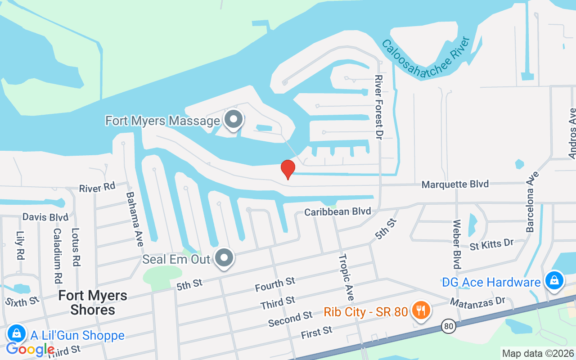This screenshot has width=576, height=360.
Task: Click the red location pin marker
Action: point(288,169)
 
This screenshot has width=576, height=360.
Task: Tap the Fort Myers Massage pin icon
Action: point(234,120)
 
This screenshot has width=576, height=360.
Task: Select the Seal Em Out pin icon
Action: point(224,258)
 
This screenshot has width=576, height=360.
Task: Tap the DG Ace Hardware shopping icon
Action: point(554,281)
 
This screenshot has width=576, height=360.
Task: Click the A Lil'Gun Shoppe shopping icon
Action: point(16,334)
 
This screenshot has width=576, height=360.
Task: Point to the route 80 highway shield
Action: point(448,327)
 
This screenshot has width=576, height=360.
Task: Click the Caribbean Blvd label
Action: point(337,211)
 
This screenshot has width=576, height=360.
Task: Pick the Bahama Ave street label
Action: point(135,219)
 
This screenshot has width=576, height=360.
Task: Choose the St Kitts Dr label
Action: point(491,244)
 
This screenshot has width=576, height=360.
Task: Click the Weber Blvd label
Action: point(457,244)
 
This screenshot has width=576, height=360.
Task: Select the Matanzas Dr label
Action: point(478,301)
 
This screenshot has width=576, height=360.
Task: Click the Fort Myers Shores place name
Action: point(93,302)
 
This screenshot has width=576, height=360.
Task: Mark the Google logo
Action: point(30,349)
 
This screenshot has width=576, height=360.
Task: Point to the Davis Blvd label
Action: point(45,217)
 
